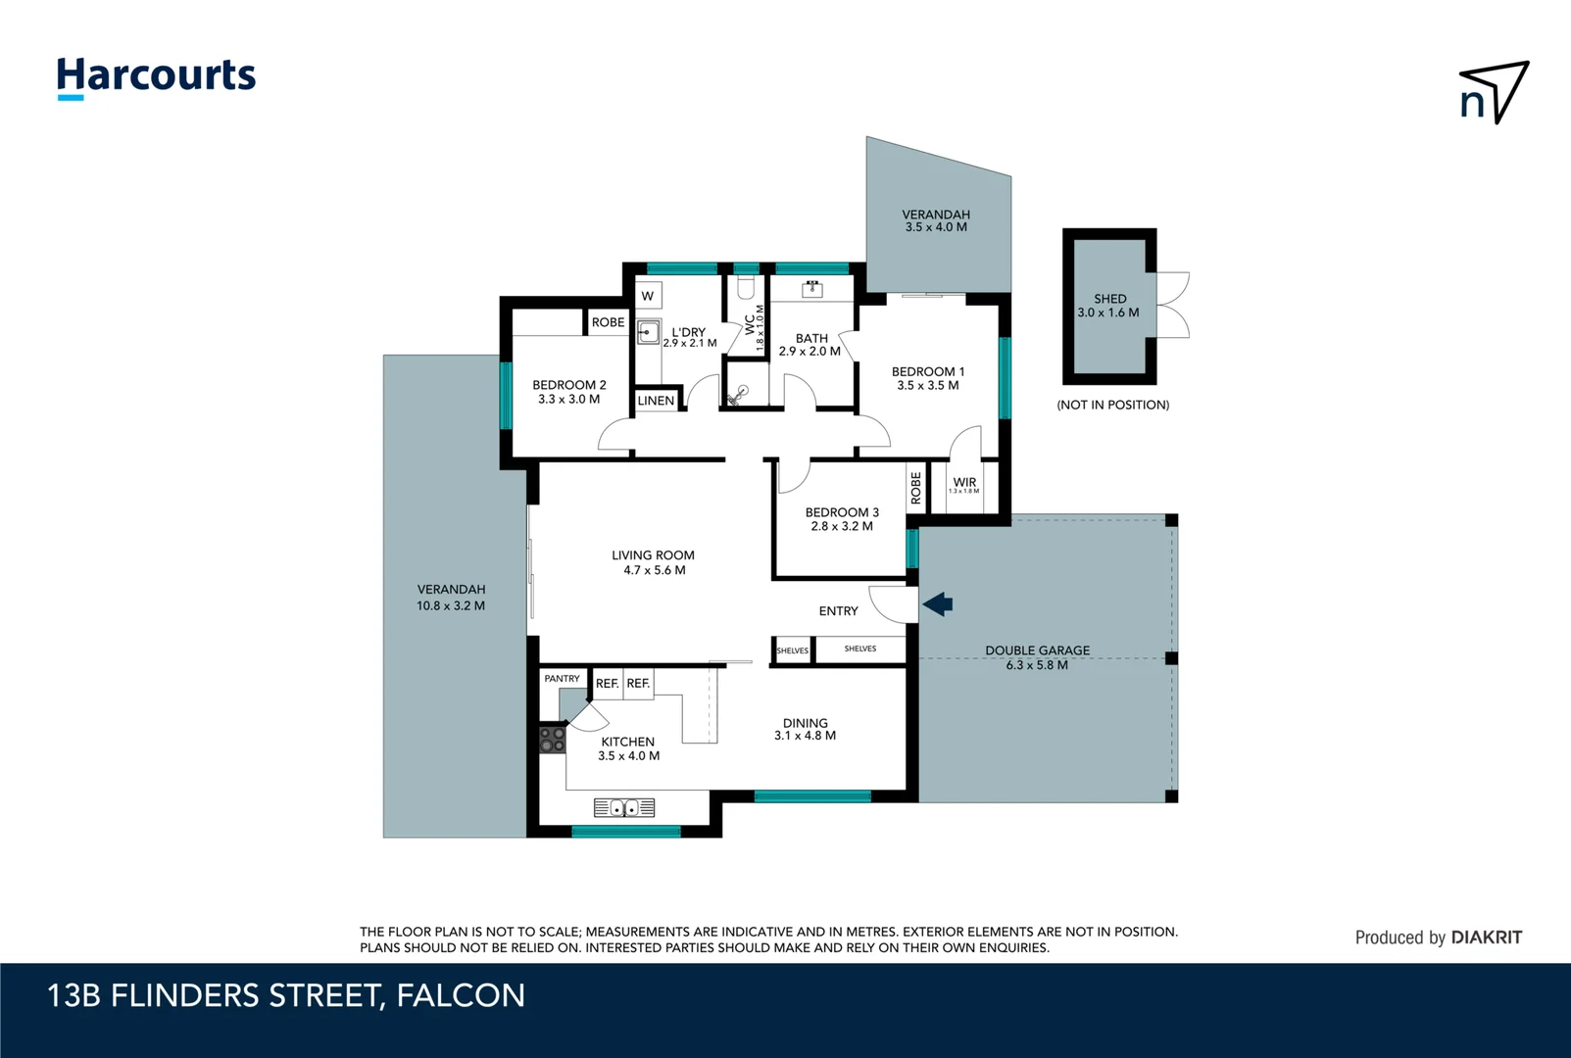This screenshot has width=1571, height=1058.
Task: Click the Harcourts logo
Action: [x=156, y=76]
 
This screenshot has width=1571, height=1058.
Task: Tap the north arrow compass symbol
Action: [x=1494, y=93]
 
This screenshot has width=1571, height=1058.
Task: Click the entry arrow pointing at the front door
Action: [x=938, y=604]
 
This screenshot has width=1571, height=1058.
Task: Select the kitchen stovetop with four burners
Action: [x=552, y=740]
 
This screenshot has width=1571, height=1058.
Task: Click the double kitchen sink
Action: [x=624, y=808]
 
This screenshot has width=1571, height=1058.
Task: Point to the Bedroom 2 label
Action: [x=569, y=385]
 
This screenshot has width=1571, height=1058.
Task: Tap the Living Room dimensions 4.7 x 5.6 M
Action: [x=655, y=570]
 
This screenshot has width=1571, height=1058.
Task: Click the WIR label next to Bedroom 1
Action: [x=964, y=482]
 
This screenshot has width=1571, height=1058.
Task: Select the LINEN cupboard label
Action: [x=656, y=401]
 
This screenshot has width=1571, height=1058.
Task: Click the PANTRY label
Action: [x=562, y=678]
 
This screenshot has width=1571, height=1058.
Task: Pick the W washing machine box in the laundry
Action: [x=647, y=296]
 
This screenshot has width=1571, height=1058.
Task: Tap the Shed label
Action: [x=1109, y=299]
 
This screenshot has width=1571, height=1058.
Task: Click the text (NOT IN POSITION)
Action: [x=1112, y=405]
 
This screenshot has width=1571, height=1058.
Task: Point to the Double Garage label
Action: [x=1037, y=650]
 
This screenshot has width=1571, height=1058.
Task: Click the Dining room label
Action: [x=805, y=723]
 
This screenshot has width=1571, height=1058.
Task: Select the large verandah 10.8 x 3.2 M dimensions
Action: [x=451, y=605]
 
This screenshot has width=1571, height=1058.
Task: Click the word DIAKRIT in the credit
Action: [x=1486, y=938]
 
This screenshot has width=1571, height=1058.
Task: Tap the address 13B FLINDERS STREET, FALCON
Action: [x=286, y=995]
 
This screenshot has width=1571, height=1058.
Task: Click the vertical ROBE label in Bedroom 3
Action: [x=916, y=488]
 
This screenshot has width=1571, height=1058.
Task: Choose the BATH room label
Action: [x=811, y=338]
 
